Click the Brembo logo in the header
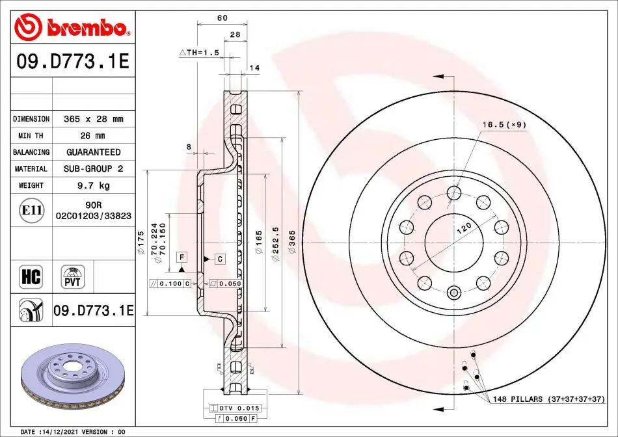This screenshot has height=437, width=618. (x=72, y=27)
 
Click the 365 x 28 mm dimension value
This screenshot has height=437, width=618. (x=94, y=119)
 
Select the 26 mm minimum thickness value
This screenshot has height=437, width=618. (x=92, y=136)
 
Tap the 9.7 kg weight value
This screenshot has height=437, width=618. (x=94, y=185)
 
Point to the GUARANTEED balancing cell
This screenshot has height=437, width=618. (x=94, y=152)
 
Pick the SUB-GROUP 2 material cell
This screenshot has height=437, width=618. (x=94, y=168)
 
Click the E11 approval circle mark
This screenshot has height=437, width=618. (x=31, y=210)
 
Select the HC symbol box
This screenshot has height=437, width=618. (x=31, y=276)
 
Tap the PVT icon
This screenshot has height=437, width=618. (x=72, y=276)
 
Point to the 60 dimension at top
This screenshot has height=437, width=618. (x=222, y=18)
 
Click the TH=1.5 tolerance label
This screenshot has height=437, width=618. (x=199, y=53)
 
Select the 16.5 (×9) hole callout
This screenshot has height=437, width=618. (x=504, y=124)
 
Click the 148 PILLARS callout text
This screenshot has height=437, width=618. (x=548, y=399)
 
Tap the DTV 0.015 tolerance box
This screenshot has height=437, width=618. (x=234, y=408)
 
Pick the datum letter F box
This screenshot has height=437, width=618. (x=181, y=258)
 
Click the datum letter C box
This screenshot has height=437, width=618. (x=220, y=259)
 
